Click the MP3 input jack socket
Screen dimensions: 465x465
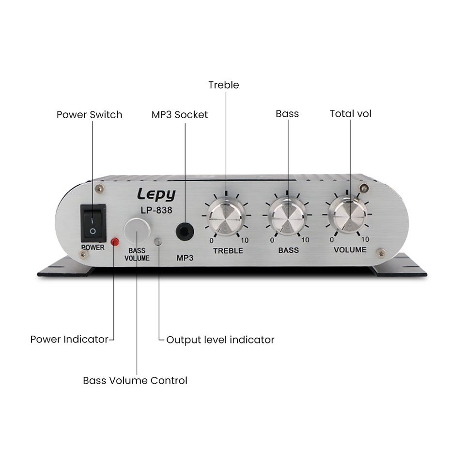[184, 232]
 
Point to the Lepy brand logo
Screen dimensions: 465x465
[156, 195]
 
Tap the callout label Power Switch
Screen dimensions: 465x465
[89, 115]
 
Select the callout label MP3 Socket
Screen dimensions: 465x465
[179, 115]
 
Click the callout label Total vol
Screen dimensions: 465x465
[350, 114]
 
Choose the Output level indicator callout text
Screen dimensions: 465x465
[220, 340]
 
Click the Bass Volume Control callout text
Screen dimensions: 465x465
[135, 381]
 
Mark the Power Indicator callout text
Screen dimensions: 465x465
[69, 339]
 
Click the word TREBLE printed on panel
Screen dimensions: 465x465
[228, 251]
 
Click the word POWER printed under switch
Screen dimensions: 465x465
[93, 248]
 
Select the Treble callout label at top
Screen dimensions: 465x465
[223, 85]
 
